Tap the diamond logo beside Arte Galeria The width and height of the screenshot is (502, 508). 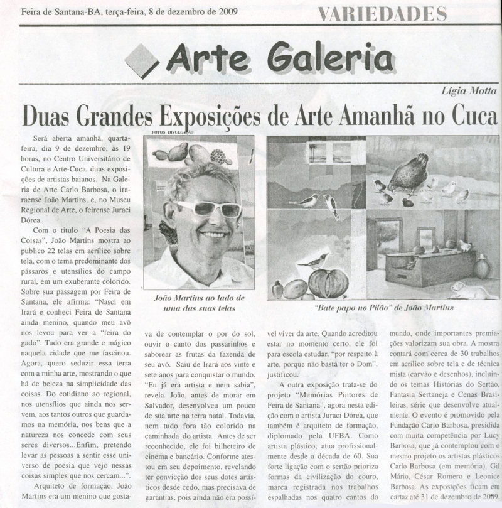[x=142, y=60]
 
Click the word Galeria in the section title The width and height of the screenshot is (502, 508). [x=333, y=58]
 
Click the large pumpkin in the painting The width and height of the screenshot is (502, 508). [x=328, y=283]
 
